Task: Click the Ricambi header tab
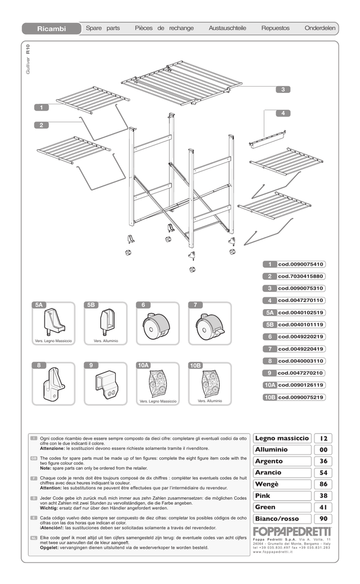51,28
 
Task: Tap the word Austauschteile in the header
227,28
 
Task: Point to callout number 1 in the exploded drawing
42,107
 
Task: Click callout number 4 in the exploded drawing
283,113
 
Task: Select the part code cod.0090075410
301,265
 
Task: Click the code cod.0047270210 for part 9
301,373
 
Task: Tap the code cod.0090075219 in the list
301,397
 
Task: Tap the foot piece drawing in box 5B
106,322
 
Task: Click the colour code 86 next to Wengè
323,484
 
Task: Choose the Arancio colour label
269,473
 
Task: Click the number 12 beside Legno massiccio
323,439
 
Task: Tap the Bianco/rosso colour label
277,518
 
